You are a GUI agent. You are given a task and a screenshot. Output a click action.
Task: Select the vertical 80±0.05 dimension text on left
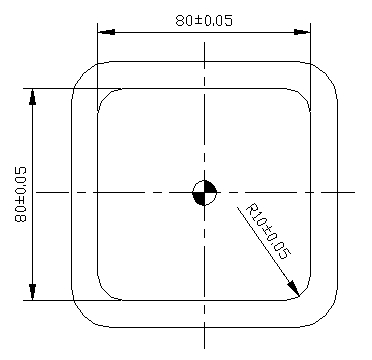[x=21, y=193]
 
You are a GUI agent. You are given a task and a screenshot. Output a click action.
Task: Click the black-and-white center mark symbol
[x=203, y=192]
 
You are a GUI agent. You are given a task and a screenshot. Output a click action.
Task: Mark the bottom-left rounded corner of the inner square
[x=103, y=294]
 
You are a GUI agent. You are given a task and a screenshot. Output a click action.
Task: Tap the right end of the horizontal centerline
[x=354, y=192]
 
